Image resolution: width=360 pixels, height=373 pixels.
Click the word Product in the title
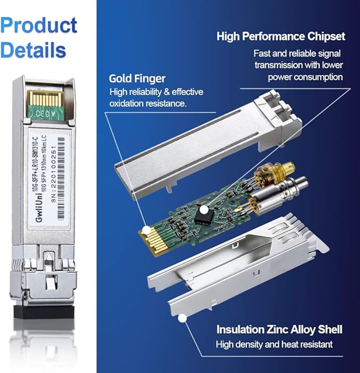[39, 25]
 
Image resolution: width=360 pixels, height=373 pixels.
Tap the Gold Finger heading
[137, 78]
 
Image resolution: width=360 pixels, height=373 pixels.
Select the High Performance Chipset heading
[280, 37]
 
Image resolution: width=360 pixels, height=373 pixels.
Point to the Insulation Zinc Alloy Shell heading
[279, 330]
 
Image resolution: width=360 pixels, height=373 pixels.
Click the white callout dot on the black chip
[204, 210]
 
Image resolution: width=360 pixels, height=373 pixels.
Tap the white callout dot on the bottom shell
[182, 318]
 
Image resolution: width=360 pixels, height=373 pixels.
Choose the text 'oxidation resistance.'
[148, 103]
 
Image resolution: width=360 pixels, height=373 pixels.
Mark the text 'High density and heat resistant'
[274, 344]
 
